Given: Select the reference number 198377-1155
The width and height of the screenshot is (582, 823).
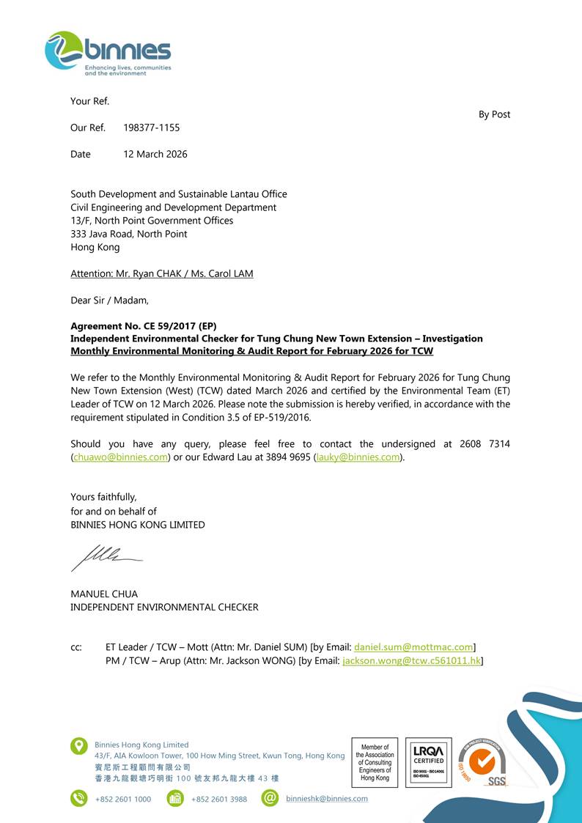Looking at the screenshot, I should [x=151, y=128].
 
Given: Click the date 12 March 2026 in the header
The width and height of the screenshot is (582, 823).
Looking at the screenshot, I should [x=155, y=154].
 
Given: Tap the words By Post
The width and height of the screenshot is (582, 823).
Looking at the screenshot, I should [x=494, y=114].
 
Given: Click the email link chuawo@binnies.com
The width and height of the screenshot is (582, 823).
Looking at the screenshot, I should [x=121, y=457].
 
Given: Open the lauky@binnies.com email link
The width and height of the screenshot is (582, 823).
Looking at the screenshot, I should [x=358, y=457].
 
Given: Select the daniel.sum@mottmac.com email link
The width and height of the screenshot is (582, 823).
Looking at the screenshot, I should [x=413, y=647].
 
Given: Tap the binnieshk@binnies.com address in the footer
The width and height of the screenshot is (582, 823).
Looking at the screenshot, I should [x=327, y=799].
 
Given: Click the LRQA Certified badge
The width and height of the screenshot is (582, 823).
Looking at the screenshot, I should [x=428, y=762].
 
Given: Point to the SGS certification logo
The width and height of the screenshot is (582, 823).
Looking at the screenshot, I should [x=483, y=763].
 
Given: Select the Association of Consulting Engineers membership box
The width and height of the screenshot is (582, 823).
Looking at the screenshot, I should [x=375, y=762].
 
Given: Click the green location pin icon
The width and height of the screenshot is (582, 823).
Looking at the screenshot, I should [x=78, y=746].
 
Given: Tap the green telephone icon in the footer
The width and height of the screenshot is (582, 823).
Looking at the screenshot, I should [x=78, y=798].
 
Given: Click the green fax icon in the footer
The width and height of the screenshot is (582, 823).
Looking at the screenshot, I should [x=175, y=798].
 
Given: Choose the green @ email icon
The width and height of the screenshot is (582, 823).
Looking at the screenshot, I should [x=270, y=798].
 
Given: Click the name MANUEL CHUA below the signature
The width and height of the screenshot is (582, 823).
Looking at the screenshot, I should [x=104, y=594].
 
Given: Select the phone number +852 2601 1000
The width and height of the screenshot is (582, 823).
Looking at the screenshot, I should [x=123, y=799].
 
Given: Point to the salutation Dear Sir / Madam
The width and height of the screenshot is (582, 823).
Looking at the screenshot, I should [x=109, y=300].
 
